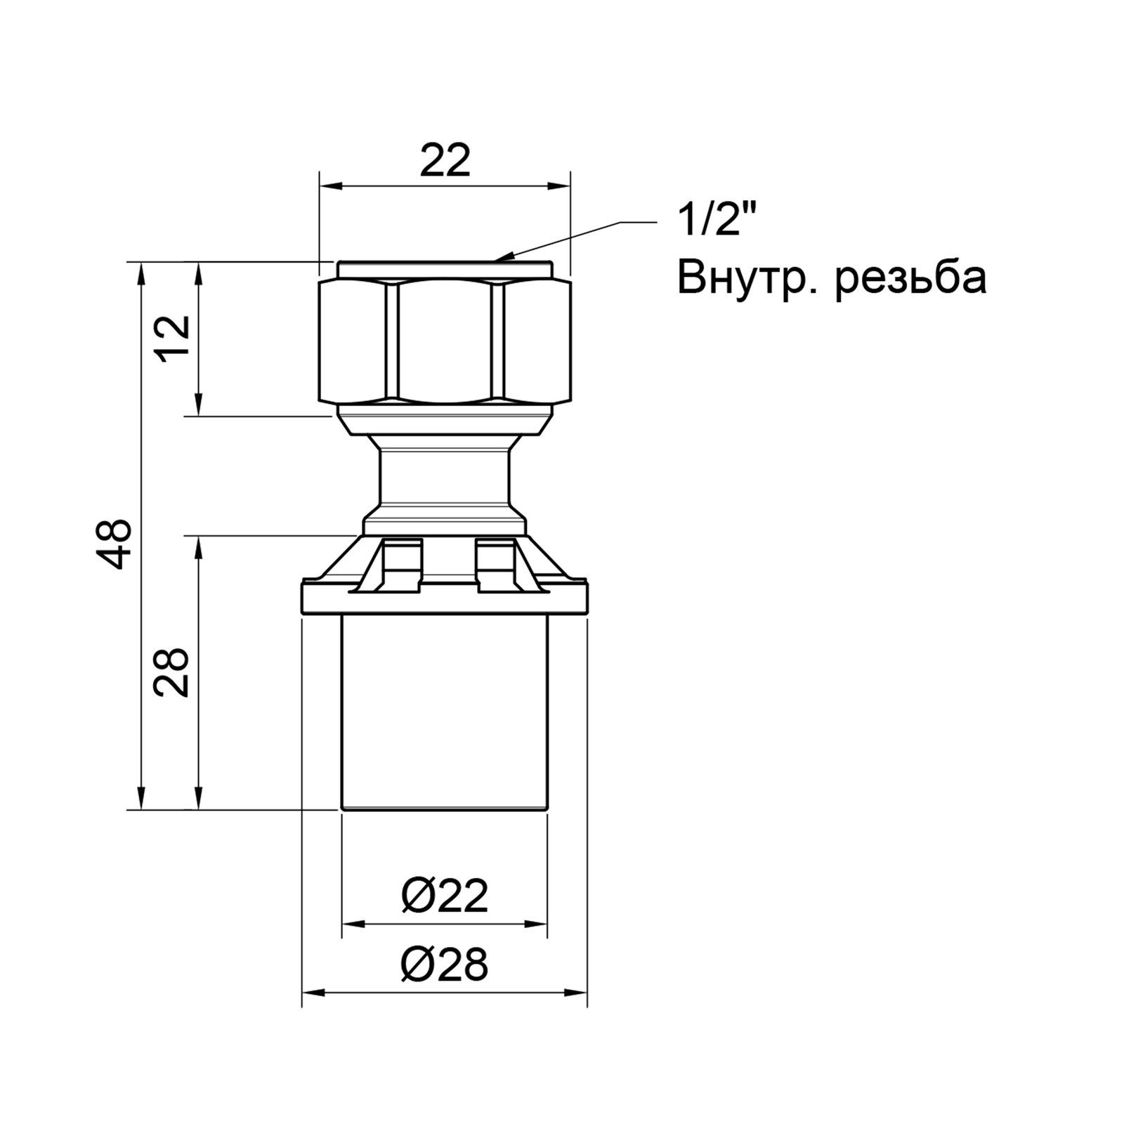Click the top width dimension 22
[x=445, y=162]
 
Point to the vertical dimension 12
[x=172, y=338]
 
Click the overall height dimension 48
[x=113, y=542]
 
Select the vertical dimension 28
[x=172, y=672]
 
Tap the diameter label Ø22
[x=445, y=897]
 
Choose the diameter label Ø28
[x=445, y=964]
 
